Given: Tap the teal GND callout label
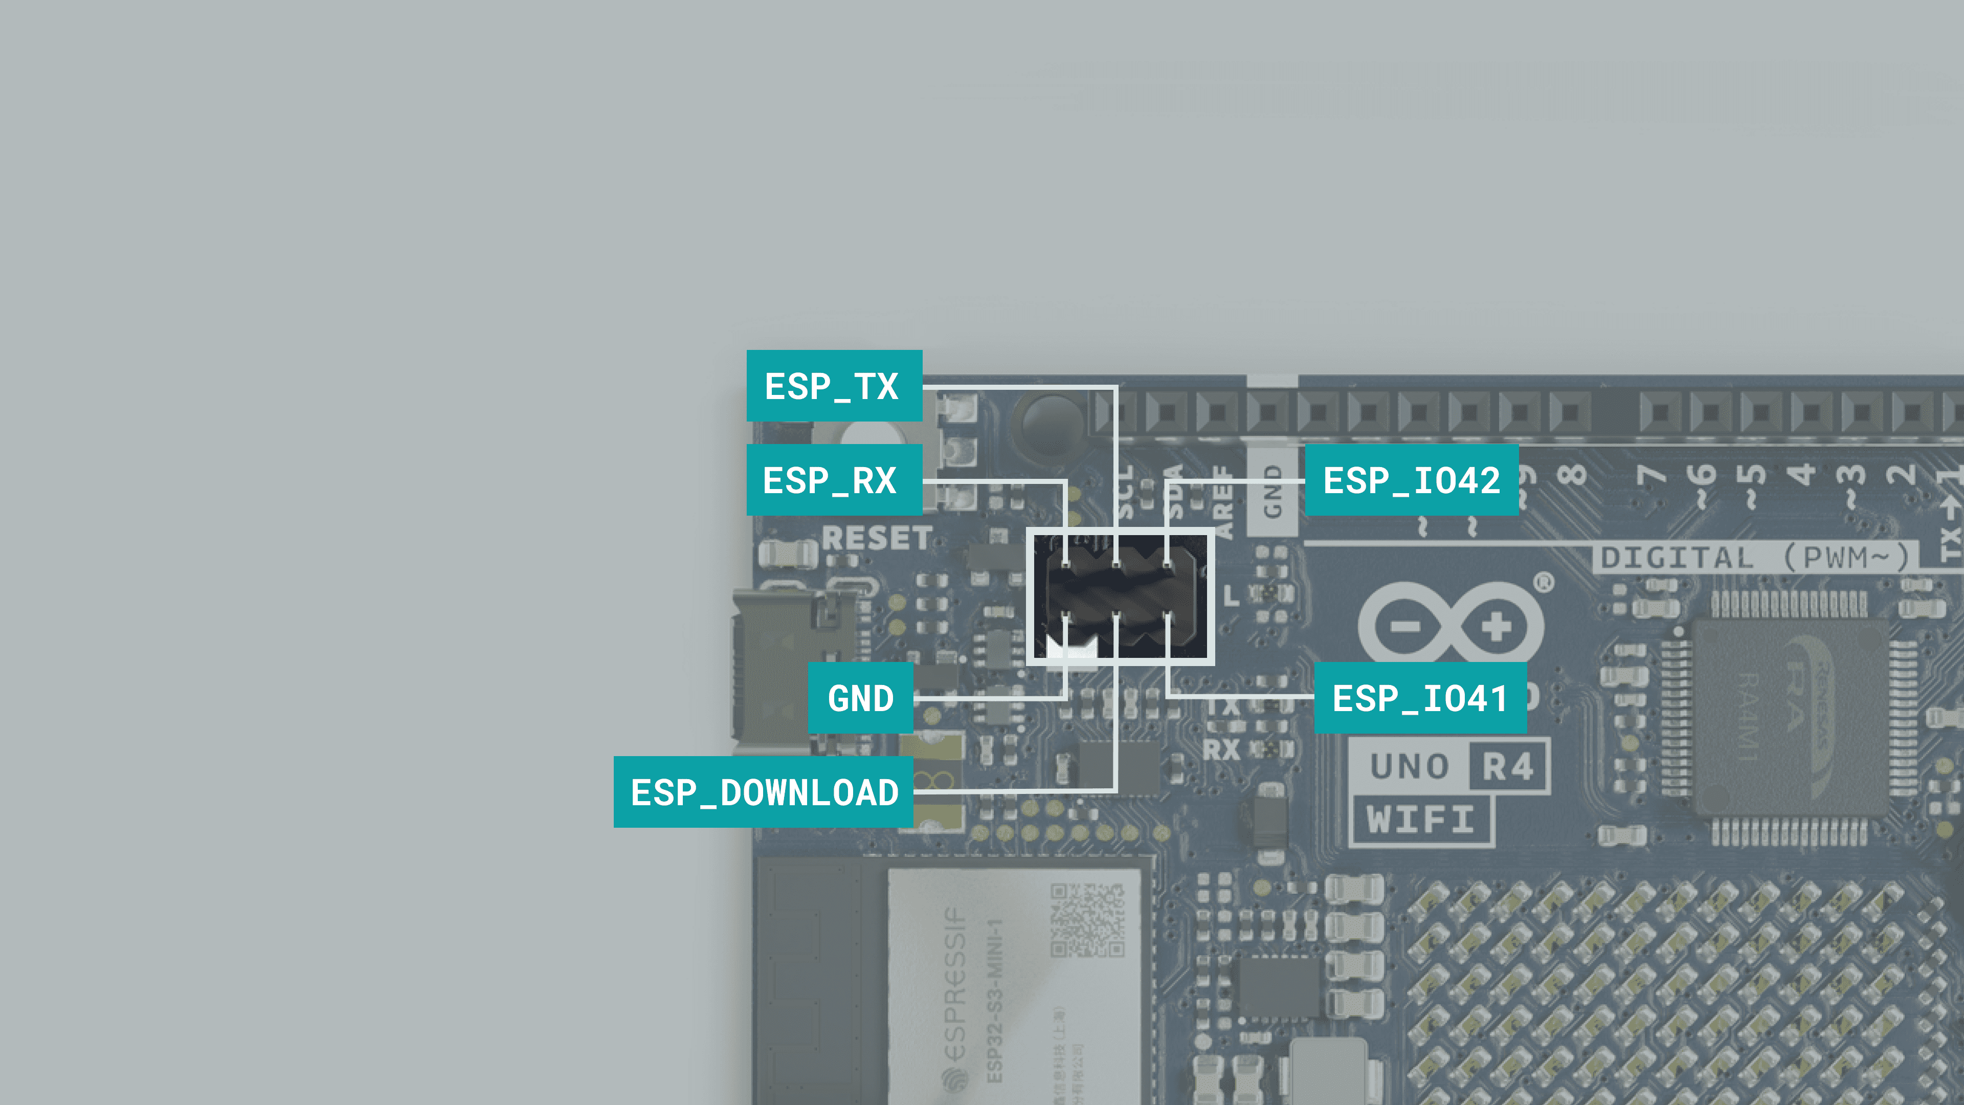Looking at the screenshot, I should (860, 698).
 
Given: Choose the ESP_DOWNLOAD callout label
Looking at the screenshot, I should (763, 792).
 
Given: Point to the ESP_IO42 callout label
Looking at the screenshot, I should (1411, 480).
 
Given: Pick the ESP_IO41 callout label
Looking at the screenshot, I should (1420, 698).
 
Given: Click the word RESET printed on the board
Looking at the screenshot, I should (876, 538).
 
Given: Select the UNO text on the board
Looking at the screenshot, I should (1409, 766).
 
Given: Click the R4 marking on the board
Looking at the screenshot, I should (1507, 766).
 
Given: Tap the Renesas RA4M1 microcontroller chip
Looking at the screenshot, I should (1789, 717).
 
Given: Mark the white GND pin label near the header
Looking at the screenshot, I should (1271, 492).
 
